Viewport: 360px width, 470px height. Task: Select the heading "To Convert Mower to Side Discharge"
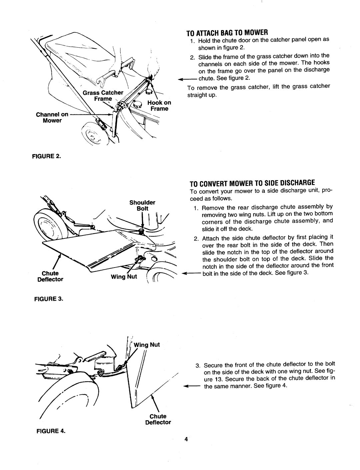252,183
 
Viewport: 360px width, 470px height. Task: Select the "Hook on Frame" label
157,106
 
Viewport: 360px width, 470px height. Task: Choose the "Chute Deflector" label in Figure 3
50,276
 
